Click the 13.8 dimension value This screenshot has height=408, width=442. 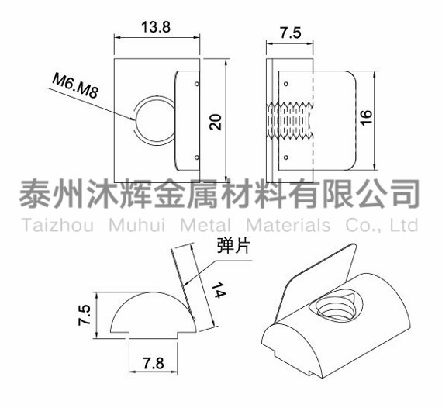156,27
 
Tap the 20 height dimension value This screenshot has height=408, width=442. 216,122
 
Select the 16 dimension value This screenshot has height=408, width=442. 366,118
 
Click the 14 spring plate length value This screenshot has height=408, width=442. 219,290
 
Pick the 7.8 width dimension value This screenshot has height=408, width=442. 154,363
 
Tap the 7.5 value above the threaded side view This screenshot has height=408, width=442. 291,33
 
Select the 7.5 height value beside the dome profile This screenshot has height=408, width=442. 85,315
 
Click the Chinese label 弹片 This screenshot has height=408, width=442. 233,245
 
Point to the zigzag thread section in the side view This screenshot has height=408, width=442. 290,121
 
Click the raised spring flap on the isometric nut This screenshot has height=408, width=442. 319,279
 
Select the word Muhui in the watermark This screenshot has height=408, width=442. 137,226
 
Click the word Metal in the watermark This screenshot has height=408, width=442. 205,226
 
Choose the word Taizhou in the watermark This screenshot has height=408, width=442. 58,226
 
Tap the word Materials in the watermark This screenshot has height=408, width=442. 288,226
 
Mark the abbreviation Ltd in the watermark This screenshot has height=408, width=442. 404,225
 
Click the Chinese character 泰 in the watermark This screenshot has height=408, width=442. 35,194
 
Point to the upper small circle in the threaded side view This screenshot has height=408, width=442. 286,84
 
